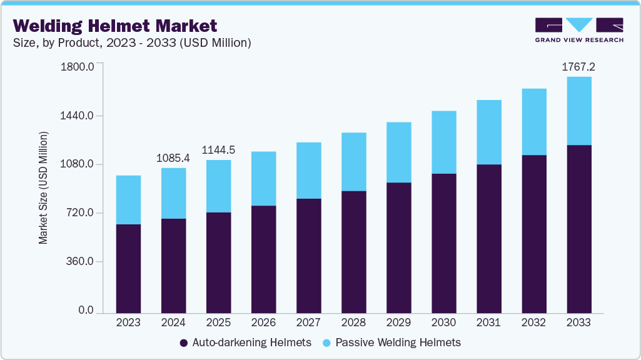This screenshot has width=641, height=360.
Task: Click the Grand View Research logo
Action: point(578,30)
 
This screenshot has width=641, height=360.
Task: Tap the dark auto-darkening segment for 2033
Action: point(578,229)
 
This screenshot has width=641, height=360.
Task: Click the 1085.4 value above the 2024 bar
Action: point(173,158)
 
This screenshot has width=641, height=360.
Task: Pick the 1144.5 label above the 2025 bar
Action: point(218,150)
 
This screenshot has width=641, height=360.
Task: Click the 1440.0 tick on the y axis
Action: point(78,116)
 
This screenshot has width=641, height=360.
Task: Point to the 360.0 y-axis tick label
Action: point(81,261)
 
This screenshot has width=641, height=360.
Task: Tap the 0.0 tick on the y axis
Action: point(86,311)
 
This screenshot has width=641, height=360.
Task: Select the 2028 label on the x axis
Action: point(353,323)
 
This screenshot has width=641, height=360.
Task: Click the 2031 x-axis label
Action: point(488,323)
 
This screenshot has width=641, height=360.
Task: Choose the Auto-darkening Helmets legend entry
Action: point(245,342)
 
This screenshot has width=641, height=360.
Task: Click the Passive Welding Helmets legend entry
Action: point(392,342)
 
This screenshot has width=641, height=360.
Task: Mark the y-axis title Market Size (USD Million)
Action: point(43,187)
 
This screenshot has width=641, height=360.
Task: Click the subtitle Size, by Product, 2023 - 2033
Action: point(132,43)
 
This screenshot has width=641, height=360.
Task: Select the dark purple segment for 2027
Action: point(308,256)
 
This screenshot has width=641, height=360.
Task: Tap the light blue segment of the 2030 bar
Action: point(443,142)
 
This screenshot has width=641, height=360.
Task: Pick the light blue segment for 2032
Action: point(533,121)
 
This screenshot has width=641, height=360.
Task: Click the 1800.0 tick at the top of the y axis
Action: point(78,66)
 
